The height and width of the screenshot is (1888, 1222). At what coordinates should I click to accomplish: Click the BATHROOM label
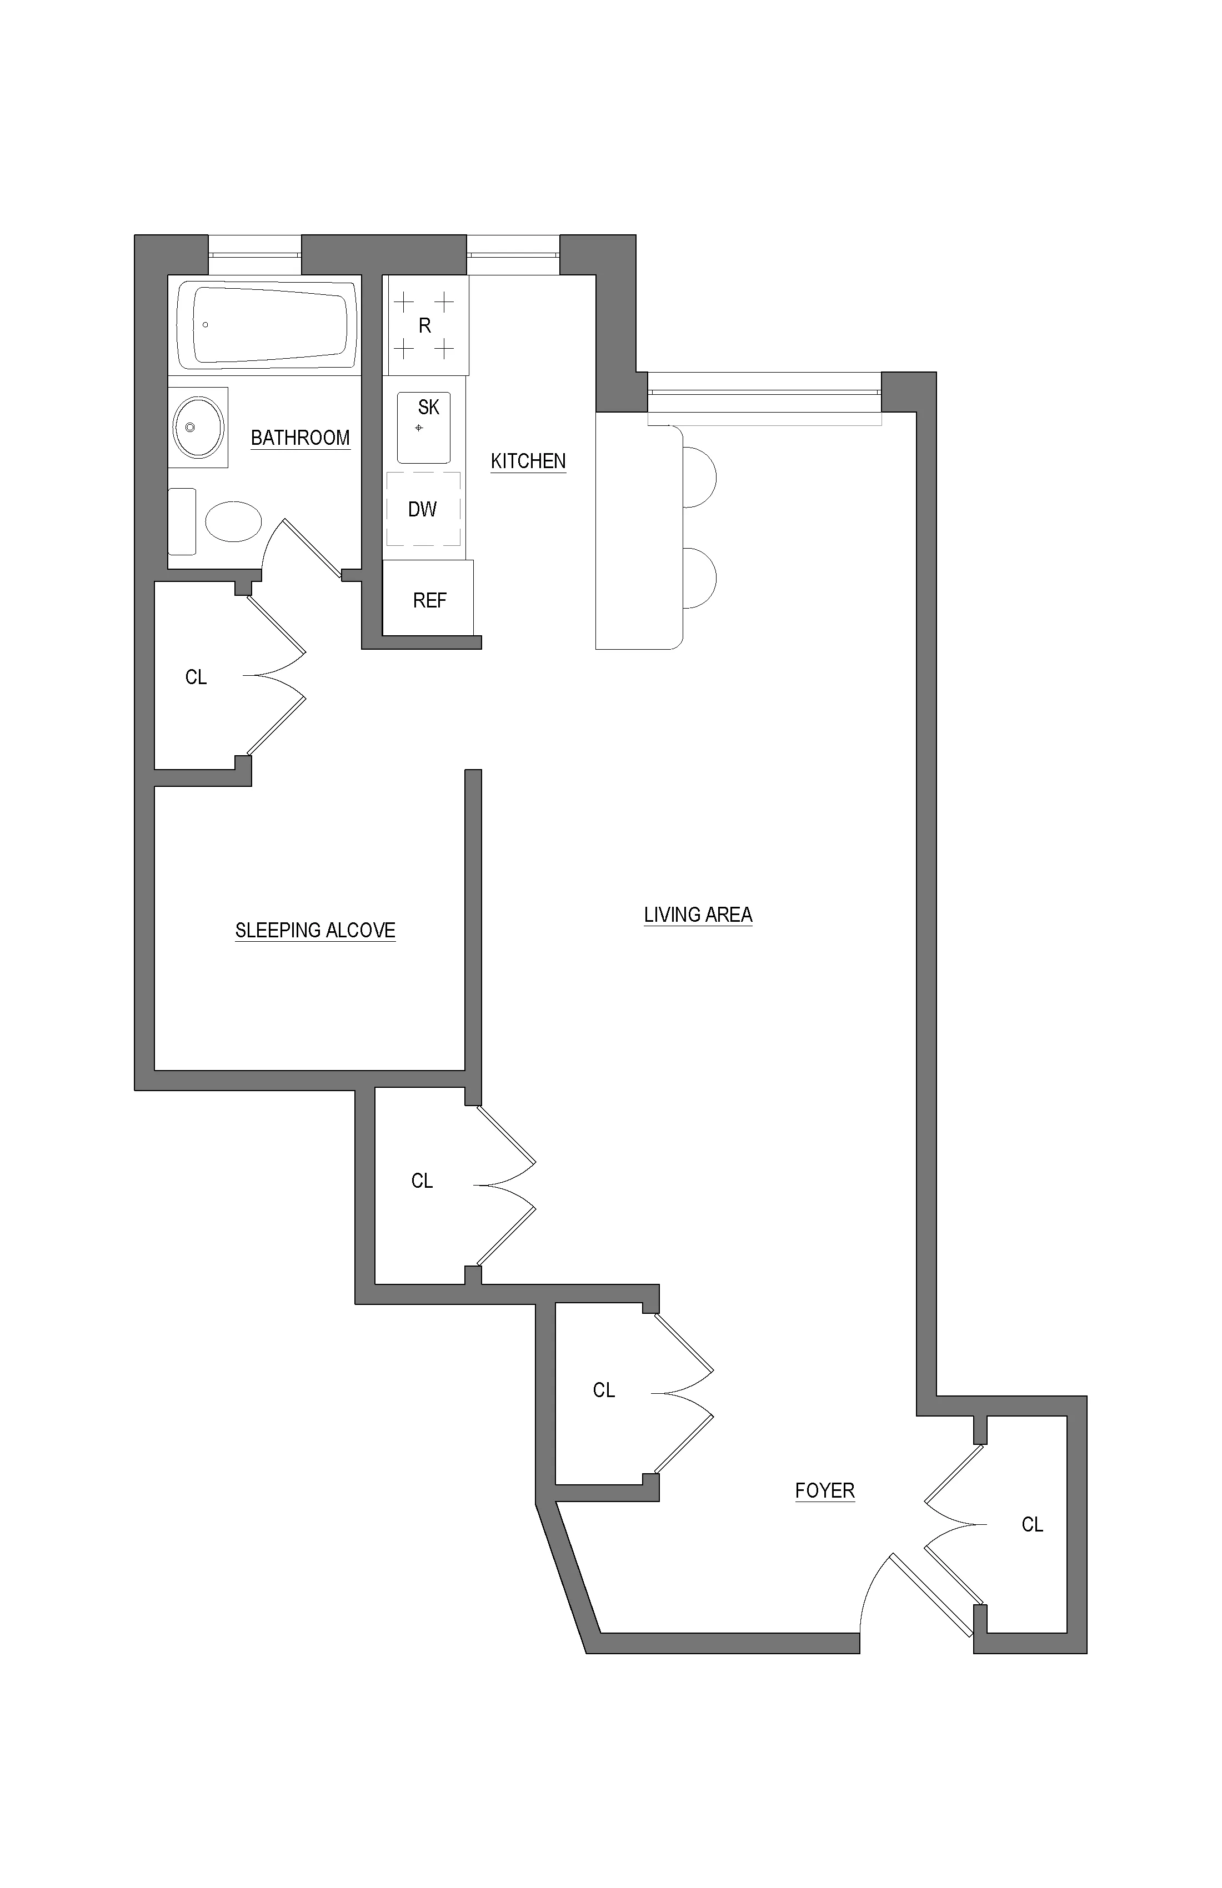coord(300,438)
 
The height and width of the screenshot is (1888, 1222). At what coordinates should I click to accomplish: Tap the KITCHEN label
coord(528,461)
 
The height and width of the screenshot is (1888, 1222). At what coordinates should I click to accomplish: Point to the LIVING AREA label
coord(698,915)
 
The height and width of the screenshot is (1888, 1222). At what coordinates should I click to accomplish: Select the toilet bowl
coord(233,521)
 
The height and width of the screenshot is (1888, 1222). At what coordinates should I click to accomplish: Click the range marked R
coord(425,325)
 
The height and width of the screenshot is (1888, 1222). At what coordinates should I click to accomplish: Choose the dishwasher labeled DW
coord(423,509)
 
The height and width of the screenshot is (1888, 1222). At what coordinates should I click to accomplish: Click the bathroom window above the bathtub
coord(255,255)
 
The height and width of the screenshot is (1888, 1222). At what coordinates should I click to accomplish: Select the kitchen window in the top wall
coord(513,255)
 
